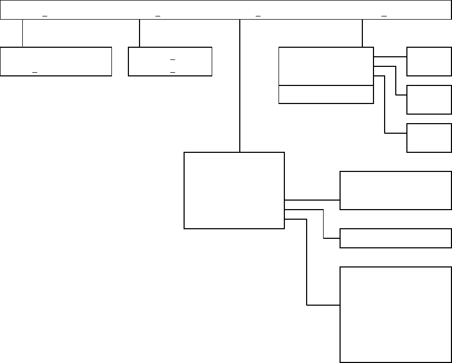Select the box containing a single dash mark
point(56,61)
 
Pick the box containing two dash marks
point(170,61)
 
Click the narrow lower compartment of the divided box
point(326,94)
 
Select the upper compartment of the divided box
point(326,66)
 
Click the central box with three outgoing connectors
point(234,191)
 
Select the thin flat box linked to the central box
point(395,238)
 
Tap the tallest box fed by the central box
point(395,314)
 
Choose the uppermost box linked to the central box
point(395,191)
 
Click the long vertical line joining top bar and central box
point(240,85)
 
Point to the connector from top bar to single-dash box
point(22,33)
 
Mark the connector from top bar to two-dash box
point(139,33)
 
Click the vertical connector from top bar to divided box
point(362,33)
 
